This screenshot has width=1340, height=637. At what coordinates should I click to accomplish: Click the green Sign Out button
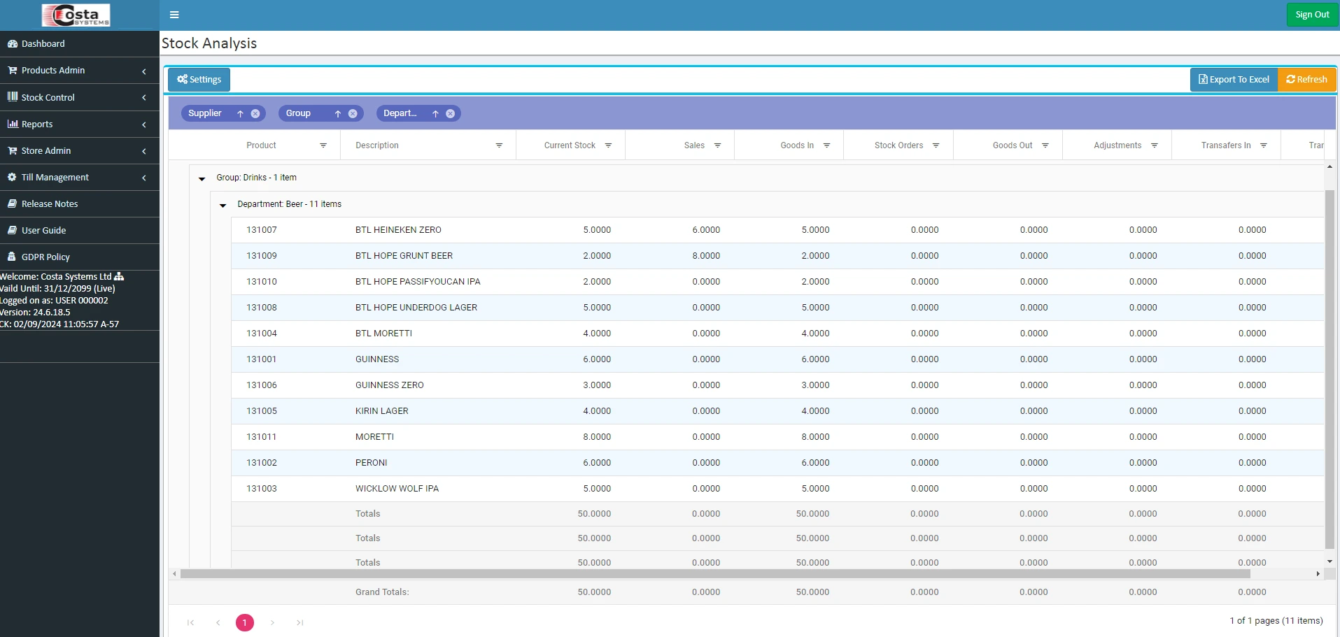point(1312,15)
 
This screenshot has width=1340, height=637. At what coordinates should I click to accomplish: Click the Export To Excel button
point(1234,80)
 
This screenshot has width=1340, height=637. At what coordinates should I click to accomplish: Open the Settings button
point(199,80)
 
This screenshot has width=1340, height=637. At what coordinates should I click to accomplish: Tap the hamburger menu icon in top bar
point(174,15)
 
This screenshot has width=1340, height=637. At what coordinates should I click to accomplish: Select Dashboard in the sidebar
point(43,44)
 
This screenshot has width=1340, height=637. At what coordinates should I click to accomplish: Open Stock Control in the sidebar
point(48,98)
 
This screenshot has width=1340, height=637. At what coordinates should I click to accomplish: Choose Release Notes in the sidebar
point(49,204)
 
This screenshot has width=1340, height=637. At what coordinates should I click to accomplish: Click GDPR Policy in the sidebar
point(45,257)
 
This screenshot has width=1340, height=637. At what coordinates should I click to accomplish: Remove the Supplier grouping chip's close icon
point(255,114)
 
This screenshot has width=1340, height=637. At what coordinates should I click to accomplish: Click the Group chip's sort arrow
point(338,114)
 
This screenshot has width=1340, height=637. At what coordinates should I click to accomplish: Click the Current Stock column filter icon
point(609,145)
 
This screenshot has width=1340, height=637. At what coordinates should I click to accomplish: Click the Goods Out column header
point(1012,145)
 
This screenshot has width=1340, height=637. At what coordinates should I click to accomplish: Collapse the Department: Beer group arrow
point(223,206)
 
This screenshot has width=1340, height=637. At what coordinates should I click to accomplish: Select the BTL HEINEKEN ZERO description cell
point(398,230)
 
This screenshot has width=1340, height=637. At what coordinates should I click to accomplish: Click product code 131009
point(262,256)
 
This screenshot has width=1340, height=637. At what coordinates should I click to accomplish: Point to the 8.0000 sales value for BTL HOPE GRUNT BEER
point(706,256)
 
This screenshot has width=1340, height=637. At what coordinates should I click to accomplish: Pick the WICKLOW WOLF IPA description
point(397,489)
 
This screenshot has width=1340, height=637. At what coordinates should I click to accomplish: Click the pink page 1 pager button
point(245,622)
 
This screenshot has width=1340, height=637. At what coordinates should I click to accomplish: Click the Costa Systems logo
point(76,15)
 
